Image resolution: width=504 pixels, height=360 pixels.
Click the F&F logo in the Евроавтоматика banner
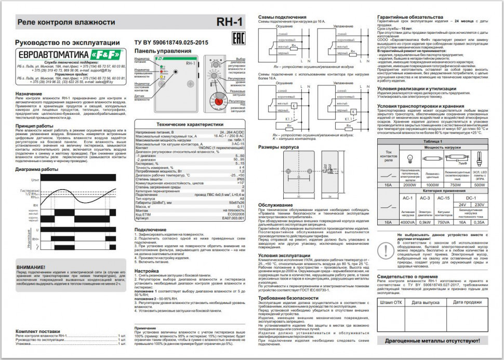(106, 55)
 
